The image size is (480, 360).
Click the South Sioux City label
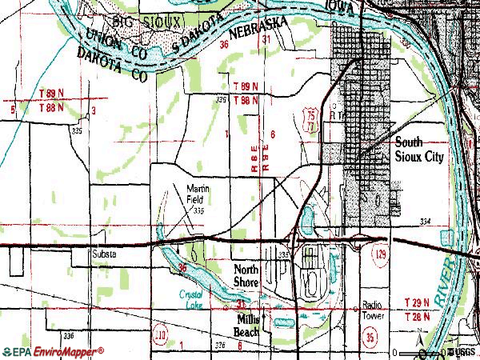pyautogui.click(x=419, y=150)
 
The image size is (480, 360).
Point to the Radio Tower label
pyautogui.click(x=374, y=310)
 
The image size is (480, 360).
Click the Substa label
pyautogui.click(x=104, y=254)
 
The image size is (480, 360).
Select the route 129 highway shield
pyautogui.click(x=380, y=254)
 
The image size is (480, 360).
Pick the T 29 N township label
pyautogui.click(x=416, y=302)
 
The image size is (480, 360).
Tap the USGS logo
pyautogui.click(x=462, y=352)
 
